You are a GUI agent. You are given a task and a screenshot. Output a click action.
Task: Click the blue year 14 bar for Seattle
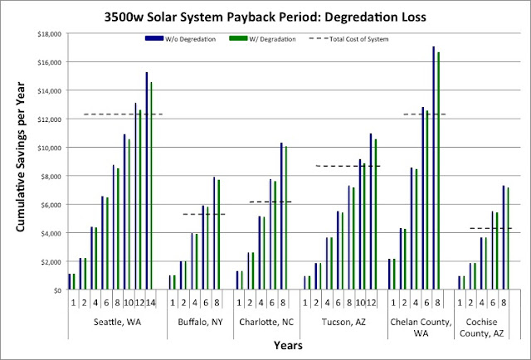[147, 181]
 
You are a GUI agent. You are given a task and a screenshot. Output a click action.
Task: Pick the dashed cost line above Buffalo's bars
[203, 214]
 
